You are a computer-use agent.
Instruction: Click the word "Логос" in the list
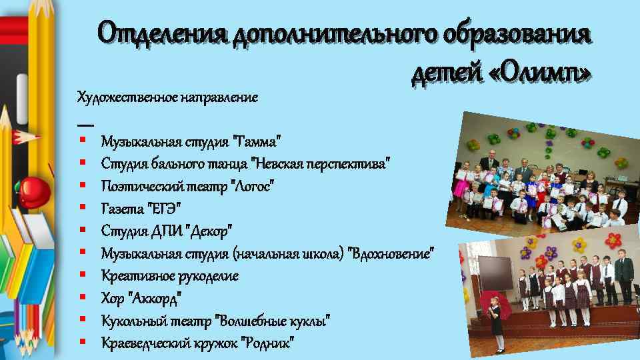coord(253,186)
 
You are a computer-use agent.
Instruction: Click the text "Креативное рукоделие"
coord(170,275)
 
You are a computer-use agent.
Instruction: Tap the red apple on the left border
coord(31,189)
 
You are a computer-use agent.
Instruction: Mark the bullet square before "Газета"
coord(81,208)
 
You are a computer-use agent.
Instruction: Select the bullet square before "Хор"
coord(81,297)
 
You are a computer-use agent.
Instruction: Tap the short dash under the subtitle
coord(85,125)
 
